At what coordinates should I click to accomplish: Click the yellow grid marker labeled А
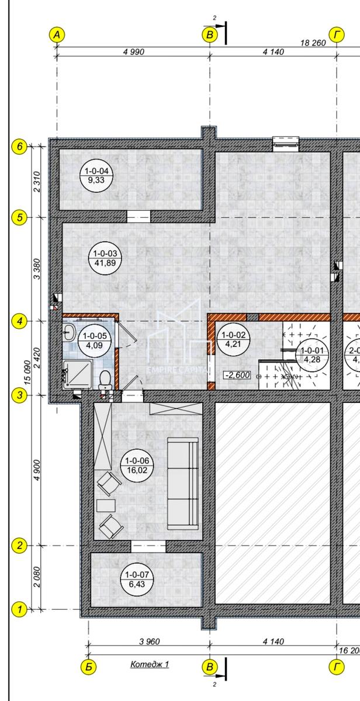[x=57, y=34]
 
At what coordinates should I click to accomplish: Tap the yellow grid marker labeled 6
[x=19, y=146]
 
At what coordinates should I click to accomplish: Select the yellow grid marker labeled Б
[x=89, y=667]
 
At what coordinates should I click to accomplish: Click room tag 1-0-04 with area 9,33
[x=96, y=175]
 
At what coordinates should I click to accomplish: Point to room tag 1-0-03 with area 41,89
[x=105, y=258]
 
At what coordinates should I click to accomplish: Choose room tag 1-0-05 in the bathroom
[x=95, y=341]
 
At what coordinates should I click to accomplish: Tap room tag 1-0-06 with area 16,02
[x=137, y=466]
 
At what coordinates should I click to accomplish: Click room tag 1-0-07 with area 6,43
[x=137, y=579]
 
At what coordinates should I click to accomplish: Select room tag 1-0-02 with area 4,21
[x=233, y=339]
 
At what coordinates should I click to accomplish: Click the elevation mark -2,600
[x=237, y=374]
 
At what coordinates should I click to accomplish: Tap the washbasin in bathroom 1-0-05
[x=68, y=332]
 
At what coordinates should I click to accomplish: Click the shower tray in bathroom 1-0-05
[x=77, y=374]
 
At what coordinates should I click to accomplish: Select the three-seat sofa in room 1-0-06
[x=183, y=484]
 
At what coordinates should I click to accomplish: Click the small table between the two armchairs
[x=106, y=506]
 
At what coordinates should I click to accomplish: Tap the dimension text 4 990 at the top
[x=134, y=51]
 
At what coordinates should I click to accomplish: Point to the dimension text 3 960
[x=150, y=641]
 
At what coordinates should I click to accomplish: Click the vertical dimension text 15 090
[x=27, y=373]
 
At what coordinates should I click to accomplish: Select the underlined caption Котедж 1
[x=150, y=664]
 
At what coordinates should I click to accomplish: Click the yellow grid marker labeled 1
[x=19, y=609]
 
